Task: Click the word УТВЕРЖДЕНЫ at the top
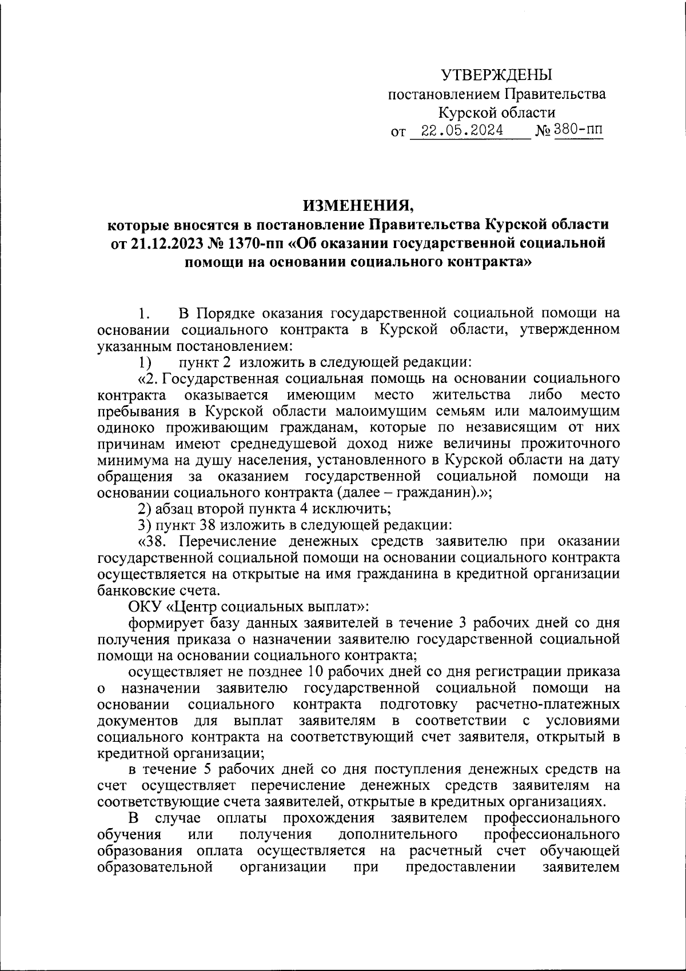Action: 497,74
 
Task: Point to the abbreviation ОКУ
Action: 145,606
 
